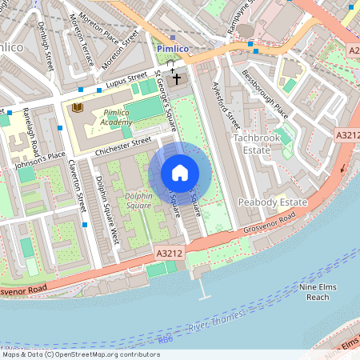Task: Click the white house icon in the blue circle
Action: tap(180, 173)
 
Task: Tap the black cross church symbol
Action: tap(175, 80)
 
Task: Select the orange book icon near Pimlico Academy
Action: tap(78, 107)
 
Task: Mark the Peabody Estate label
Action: tap(267, 203)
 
